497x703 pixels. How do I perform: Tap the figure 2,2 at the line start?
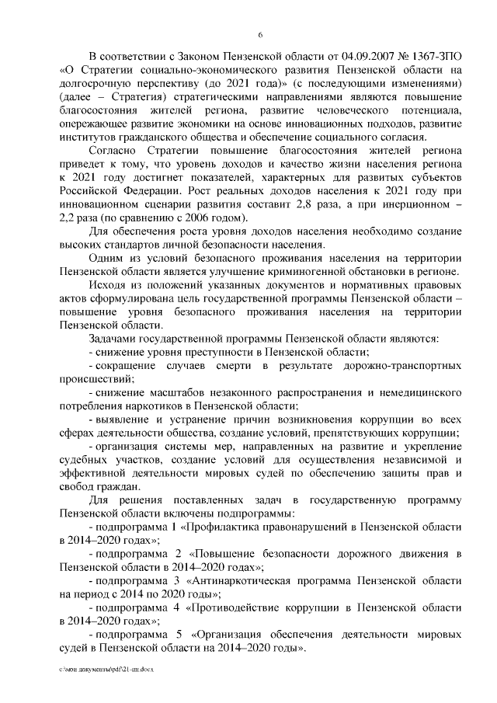point(69,218)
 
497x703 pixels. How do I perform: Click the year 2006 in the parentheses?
point(200,218)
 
